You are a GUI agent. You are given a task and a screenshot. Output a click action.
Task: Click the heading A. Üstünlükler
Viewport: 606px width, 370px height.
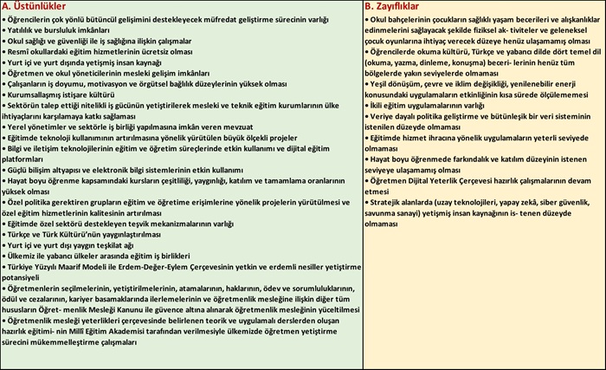pyautogui.click(x=35, y=6)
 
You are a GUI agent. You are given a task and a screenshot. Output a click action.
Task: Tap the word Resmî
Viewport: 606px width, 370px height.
pyautogui.click(x=21, y=52)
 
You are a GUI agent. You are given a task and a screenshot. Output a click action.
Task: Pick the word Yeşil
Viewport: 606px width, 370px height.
pyautogui.click(x=379, y=85)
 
